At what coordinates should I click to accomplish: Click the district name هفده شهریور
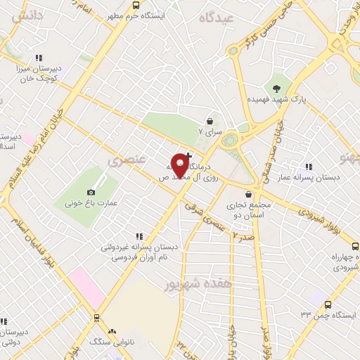[x=187, y=283]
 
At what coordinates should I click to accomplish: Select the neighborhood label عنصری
[x=127, y=160]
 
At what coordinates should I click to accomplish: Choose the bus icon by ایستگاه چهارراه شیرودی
[x=355, y=247]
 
